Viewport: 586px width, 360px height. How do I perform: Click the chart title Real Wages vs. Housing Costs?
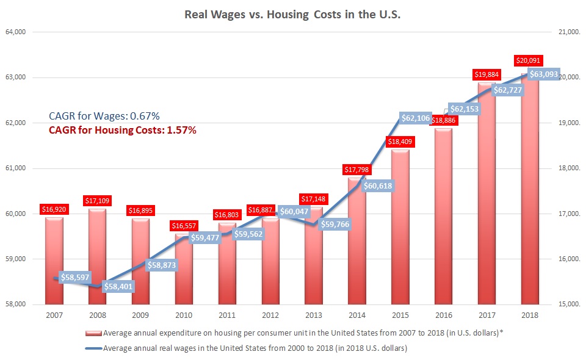pos(292,15)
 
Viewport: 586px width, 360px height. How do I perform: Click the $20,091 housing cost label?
pos(528,60)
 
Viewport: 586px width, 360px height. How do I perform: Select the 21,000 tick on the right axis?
pos(565,32)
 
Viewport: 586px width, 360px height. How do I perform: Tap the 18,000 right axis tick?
pos(565,168)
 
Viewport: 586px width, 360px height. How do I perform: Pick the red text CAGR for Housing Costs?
pos(123,130)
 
